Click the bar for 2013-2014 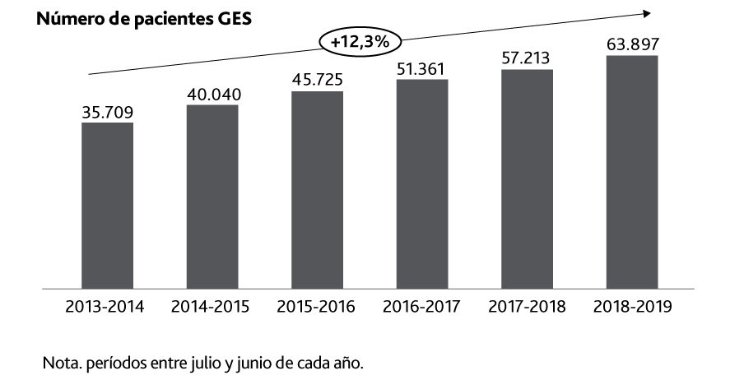[107, 206]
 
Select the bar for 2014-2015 [212, 197]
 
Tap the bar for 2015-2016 [317, 190]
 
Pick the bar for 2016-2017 [421, 184]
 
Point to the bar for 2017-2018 [527, 179]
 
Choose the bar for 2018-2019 [632, 172]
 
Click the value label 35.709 [107, 112]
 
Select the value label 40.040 [212, 95]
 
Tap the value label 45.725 [317, 81]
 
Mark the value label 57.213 [527, 58]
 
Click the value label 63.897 [632, 44]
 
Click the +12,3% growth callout [359, 41]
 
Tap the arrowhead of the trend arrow [647, 12]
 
